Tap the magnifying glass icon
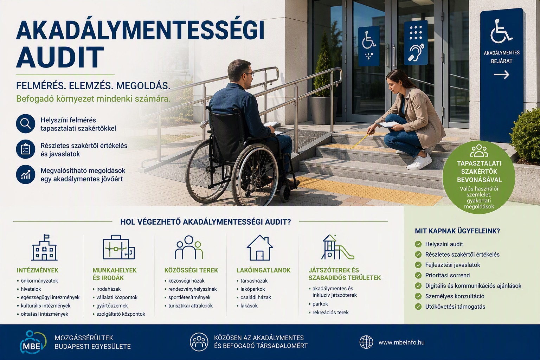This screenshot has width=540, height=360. click(x=26, y=123)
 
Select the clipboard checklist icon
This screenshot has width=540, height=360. click(x=26, y=149)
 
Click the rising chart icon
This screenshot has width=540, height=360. click(x=26, y=175)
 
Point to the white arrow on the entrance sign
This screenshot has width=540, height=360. click(x=501, y=75)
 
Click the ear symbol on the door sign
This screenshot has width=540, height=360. click(x=416, y=52)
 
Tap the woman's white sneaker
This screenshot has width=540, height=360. click(x=420, y=162)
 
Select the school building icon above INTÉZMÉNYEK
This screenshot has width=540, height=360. click(x=44, y=247)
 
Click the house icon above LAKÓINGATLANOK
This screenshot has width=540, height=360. click(x=260, y=247)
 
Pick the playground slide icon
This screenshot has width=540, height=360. click(x=337, y=247)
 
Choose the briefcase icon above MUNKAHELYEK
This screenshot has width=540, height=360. click(x=119, y=247)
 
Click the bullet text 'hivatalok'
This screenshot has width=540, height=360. click(x=31, y=289)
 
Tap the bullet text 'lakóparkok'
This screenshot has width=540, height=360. click(x=253, y=289)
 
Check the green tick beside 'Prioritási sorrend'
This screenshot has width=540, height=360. click(x=418, y=275)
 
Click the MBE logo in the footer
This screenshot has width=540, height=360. click(x=33, y=342)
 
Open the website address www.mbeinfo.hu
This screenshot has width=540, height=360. click(x=401, y=342)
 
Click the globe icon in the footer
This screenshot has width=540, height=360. click(x=366, y=342)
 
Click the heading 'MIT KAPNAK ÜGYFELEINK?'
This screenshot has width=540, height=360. click(x=457, y=231)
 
